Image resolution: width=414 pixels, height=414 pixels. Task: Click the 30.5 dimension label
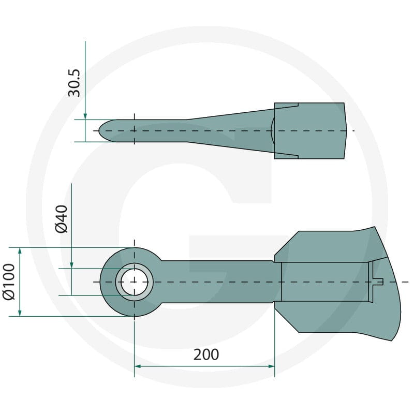[x=73, y=83]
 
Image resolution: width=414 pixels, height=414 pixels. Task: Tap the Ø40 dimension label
[x=62, y=219]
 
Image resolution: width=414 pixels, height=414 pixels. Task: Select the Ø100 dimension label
[x=8, y=282]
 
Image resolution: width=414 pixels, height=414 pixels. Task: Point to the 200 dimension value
[x=206, y=354]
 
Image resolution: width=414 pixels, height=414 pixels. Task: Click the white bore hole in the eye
[x=135, y=282]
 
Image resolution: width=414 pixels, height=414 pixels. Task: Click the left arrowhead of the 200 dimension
[x=138, y=366]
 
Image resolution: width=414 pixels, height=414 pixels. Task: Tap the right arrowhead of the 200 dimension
[x=271, y=366]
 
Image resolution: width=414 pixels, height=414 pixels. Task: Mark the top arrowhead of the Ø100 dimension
[x=20, y=251]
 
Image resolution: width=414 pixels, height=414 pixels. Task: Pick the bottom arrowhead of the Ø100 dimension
[x=20, y=313]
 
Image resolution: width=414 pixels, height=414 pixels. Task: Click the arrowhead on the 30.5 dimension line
[x=85, y=116]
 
